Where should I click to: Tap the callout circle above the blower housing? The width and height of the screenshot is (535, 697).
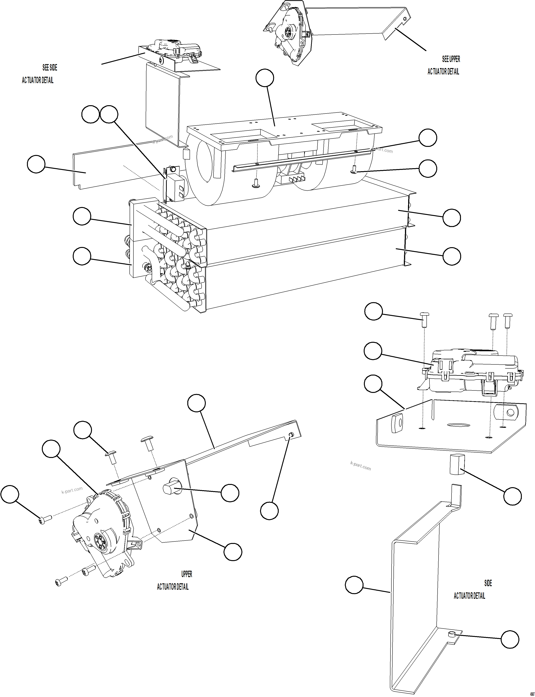tap(265, 78)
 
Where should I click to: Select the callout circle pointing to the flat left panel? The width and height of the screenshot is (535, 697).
tap(36, 164)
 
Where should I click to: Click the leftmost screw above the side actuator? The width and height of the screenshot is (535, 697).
tap(425, 319)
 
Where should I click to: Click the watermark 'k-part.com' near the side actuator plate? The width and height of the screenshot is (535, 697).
tap(360, 466)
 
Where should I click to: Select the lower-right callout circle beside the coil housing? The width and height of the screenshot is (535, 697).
tap(452, 256)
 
